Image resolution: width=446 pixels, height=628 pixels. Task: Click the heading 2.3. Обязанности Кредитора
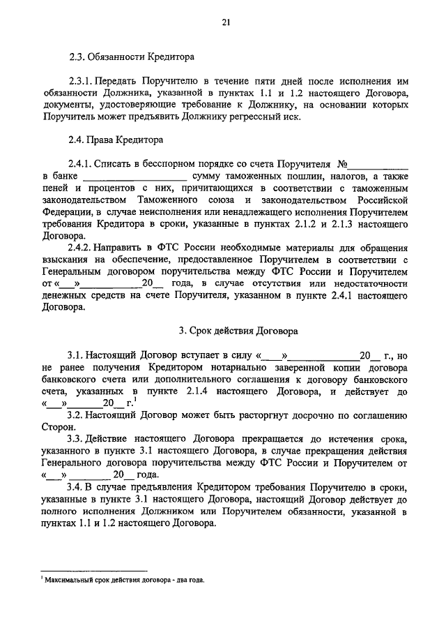[132, 55]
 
